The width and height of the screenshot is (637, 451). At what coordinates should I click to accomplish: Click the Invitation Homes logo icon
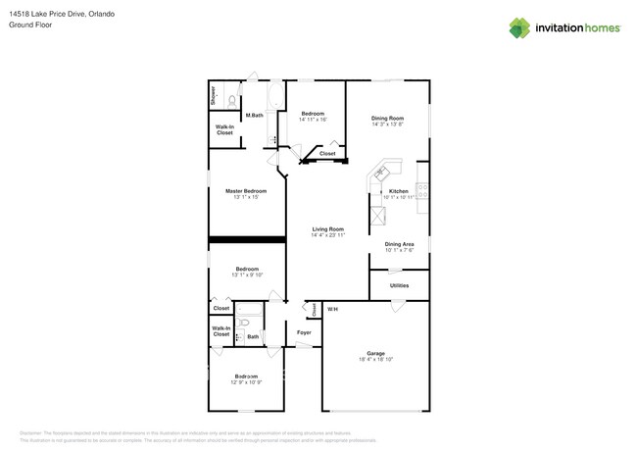(520, 27)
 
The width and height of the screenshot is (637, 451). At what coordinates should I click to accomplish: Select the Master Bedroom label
(246, 191)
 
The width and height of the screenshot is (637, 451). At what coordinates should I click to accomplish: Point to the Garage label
(375, 353)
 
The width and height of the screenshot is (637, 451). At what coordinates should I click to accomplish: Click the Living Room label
(328, 229)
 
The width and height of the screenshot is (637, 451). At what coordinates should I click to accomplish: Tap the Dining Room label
(388, 119)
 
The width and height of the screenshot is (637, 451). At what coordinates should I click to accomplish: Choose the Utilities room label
(399, 285)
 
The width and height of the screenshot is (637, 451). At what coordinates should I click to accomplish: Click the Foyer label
(304, 333)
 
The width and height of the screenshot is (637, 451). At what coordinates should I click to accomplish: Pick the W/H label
(333, 310)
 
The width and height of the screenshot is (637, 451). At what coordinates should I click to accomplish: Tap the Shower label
(213, 96)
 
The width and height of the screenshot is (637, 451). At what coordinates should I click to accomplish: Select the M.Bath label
(254, 116)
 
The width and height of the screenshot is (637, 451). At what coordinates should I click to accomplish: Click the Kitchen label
(398, 191)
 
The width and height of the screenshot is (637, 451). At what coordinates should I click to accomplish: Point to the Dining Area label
(399, 244)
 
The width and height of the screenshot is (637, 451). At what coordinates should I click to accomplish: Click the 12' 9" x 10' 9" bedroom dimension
(246, 383)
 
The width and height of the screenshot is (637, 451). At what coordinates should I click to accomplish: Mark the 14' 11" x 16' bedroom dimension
(313, 120)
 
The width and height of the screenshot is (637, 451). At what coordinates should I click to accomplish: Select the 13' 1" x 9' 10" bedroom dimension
(246, 275)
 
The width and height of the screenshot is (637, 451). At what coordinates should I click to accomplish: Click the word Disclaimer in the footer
(35, 431)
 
